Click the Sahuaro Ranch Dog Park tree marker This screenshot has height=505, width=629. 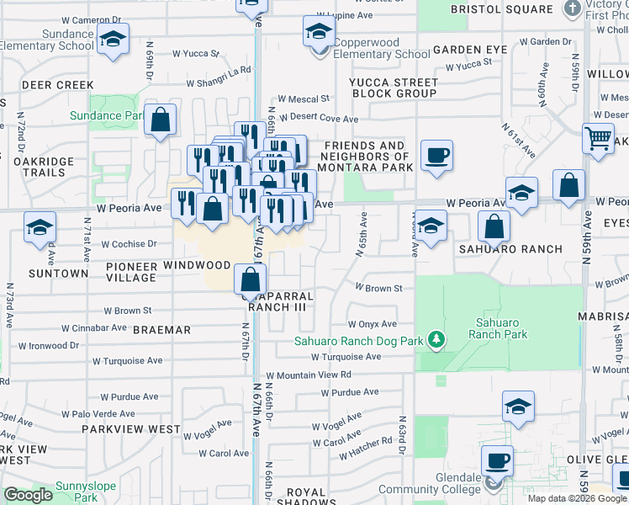point(436,340)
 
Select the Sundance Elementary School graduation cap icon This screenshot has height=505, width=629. point(113,39)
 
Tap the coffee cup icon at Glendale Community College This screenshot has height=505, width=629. point(498,460)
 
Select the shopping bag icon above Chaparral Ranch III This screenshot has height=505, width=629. point(250,279)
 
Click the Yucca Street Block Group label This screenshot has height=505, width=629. point(394,88)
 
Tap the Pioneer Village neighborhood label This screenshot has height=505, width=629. point(131,272)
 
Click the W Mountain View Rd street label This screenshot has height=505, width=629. point(309,375)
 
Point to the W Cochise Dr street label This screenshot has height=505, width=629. point(129,244)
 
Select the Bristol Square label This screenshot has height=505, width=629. point(501,9)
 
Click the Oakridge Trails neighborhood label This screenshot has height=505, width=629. point(34,167)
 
